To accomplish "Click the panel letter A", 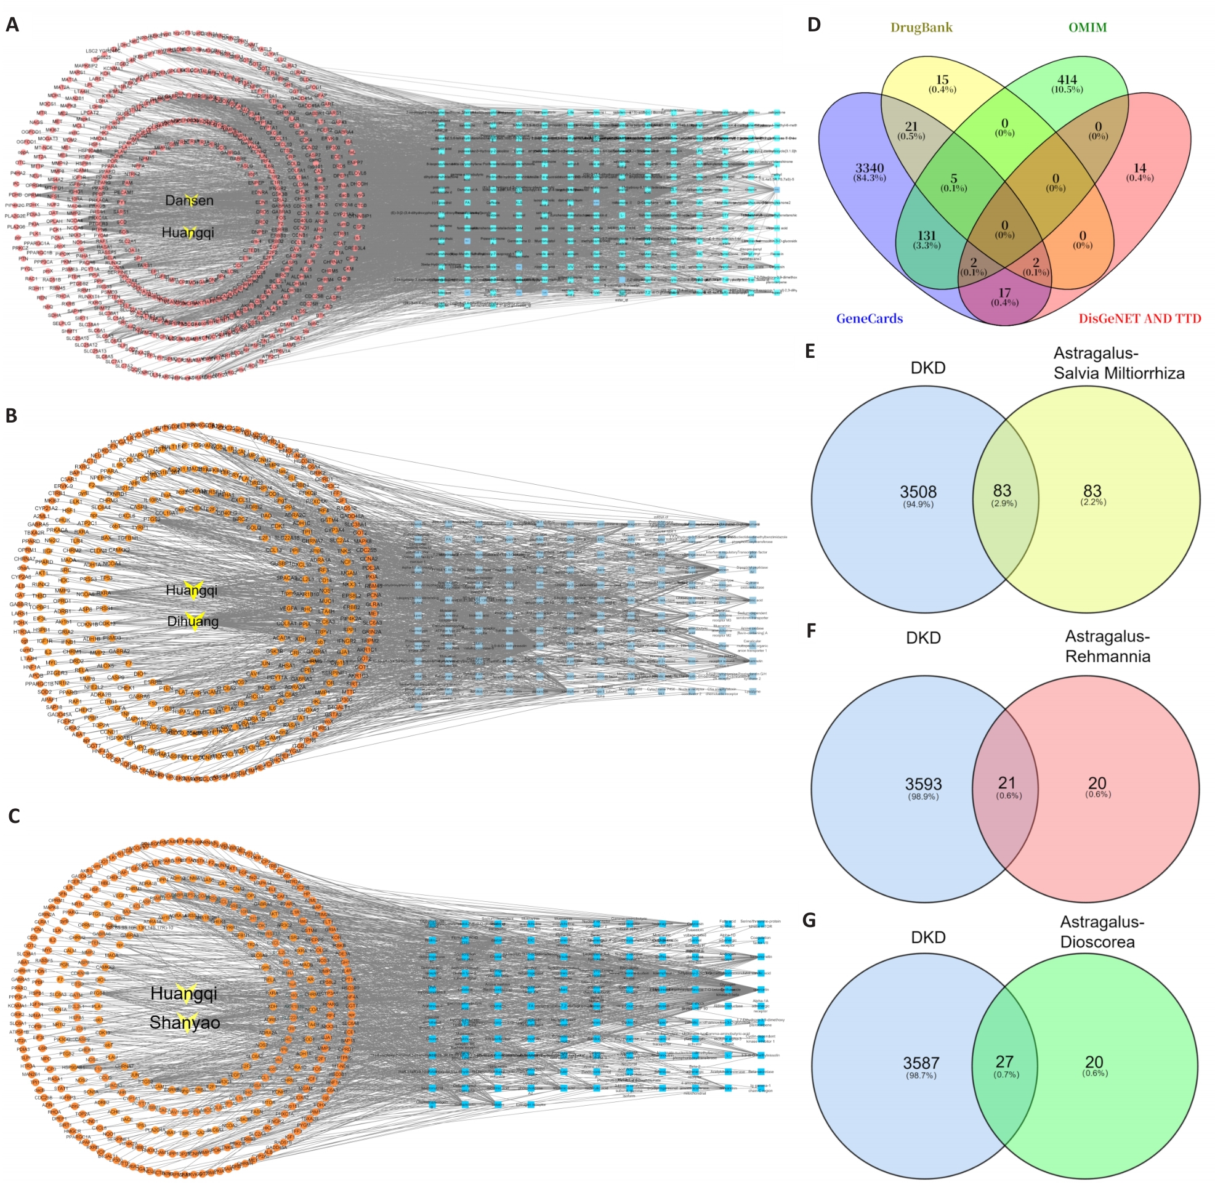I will tap(12, 25).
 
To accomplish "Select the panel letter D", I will tap(814, 25).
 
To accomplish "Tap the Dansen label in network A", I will tap(189, 200).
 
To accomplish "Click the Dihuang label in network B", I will tap(193, 622).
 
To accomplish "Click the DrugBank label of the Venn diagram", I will tap(921, 28).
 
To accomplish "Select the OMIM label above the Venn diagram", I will tap(1087, 28).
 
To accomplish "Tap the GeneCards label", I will tap(869, 318).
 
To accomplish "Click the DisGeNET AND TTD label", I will tap(1140, 318).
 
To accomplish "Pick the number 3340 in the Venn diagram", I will tap(869, 168).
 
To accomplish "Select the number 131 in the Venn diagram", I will tap(926, 236).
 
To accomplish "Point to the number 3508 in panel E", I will tap(918, 492).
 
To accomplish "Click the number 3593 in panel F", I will tap(923, 784).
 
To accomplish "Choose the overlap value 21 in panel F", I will tap(1007, 782).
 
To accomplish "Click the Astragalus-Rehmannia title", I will tap(1107, 646).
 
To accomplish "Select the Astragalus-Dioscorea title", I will tap(1102, 931).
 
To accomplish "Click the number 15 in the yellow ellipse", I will tap(942, 80).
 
